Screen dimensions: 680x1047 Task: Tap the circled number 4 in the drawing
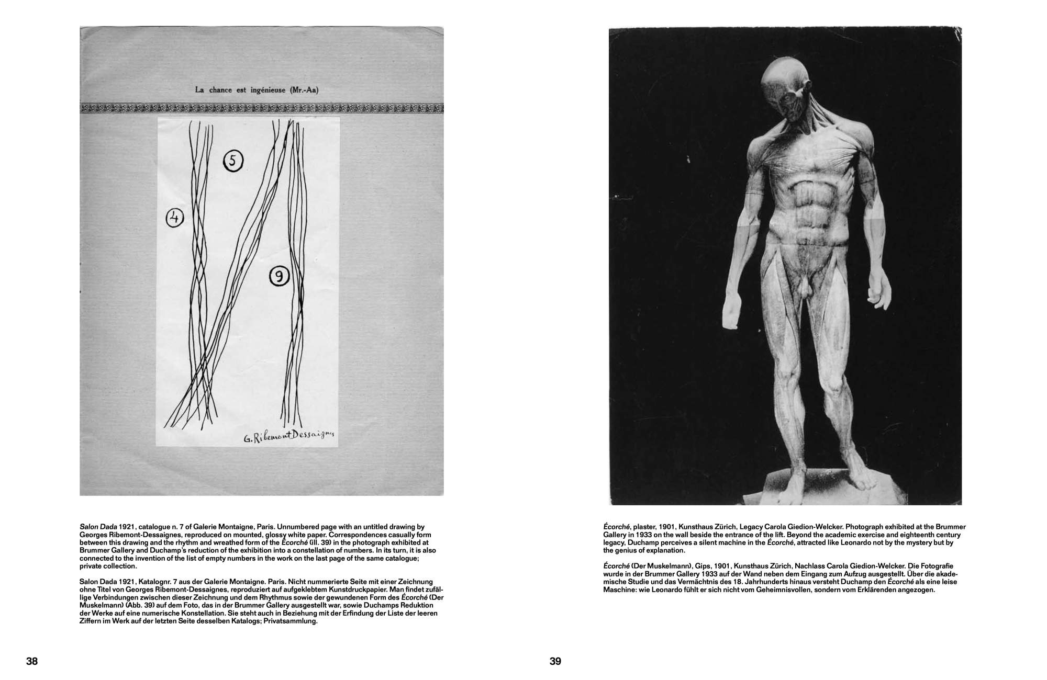(175, 218)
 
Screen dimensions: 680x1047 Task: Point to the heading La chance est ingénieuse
(257, 90)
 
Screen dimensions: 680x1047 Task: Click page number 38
(32, 661)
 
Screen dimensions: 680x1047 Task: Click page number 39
(555, 661)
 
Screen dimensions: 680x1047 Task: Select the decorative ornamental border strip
(261, 108)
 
